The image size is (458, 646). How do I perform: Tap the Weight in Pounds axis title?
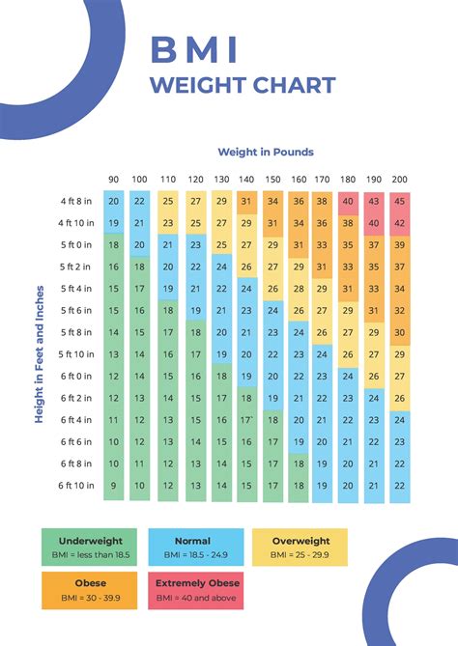[x=265, y=152]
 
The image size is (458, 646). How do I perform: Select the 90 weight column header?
[x=113, y=180]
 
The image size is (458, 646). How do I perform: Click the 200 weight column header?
[x=400, y=180]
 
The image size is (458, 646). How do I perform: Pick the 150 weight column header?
[x=273, y=180]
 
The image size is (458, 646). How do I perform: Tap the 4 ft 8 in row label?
[x=75, y=201]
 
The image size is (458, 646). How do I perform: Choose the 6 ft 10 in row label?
[x=74, y=486]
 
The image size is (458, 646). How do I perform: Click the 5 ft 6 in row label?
[x=75, y=310]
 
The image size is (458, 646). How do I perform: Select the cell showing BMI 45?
[x=400, y=201]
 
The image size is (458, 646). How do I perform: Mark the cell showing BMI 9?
[x=113, y=486]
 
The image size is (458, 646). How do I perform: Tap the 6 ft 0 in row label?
[x=75, y=377]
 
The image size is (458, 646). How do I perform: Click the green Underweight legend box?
[x=89, y=548]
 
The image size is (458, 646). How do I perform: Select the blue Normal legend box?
[x=192, y=548]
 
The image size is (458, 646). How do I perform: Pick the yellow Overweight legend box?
[x=300, y=548]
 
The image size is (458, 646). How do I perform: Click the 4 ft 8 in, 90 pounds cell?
[x=113, y=201]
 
